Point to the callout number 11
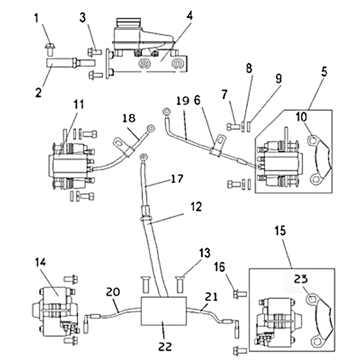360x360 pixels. [x=79, y=104]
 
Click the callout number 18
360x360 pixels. [x=128, y=118]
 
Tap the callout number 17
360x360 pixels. [x=177, y=179]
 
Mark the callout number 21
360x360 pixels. [x=211, y=297]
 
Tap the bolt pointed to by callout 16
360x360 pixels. [x=239, y=294]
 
